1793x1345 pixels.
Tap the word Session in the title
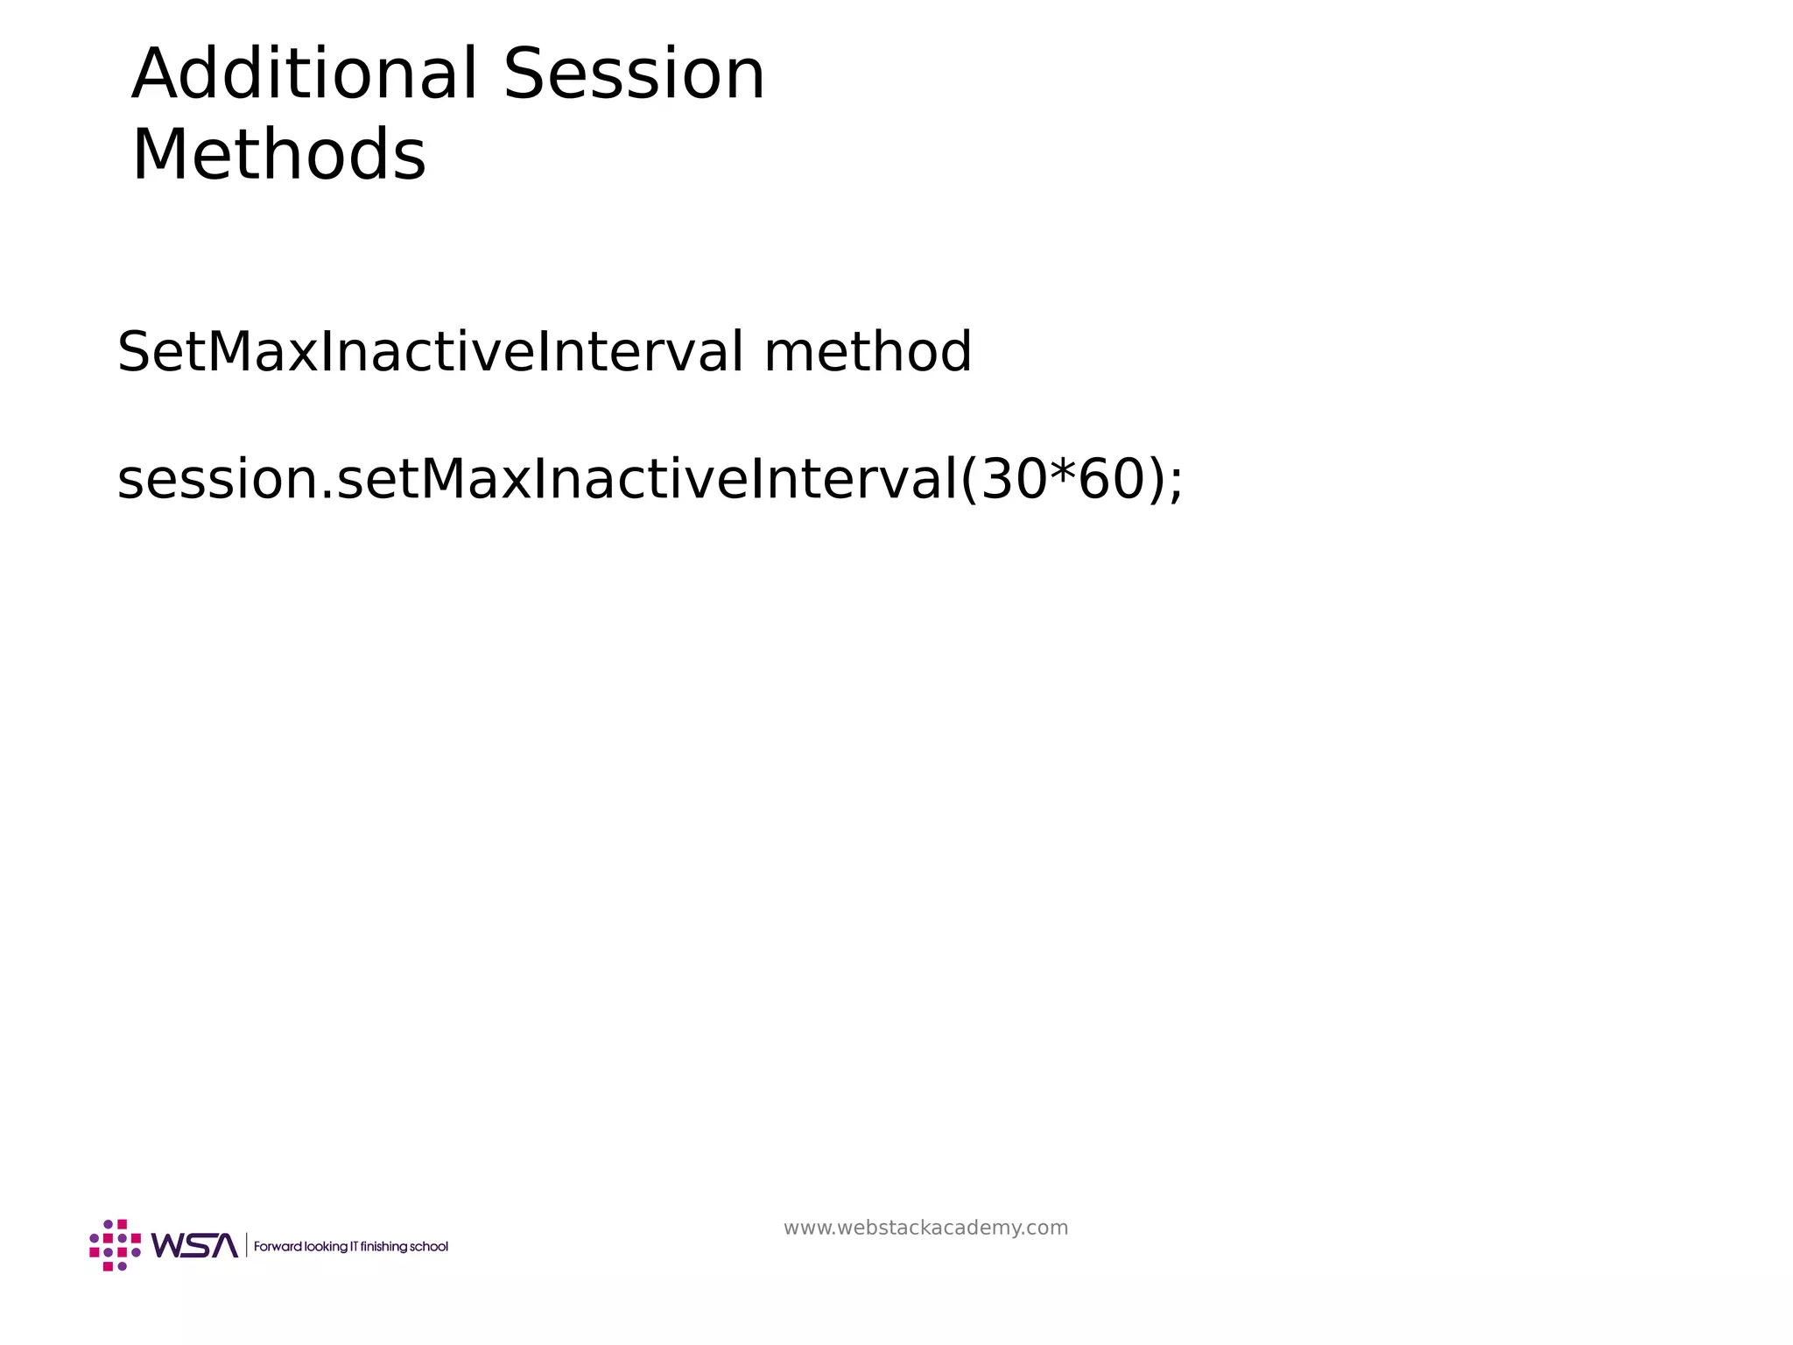634,74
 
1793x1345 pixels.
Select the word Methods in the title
278,156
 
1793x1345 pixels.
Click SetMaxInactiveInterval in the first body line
430,352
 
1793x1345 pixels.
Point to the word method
867,352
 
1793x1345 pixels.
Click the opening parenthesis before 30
969,481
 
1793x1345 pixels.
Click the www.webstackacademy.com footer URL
925,1228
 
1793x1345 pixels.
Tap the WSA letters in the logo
194,1245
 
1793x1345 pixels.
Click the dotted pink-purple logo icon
115,1244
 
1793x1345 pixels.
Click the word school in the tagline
429,1246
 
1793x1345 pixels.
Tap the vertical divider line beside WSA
246,1245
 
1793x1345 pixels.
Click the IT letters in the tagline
354,1246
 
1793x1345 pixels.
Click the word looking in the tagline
325,1246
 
